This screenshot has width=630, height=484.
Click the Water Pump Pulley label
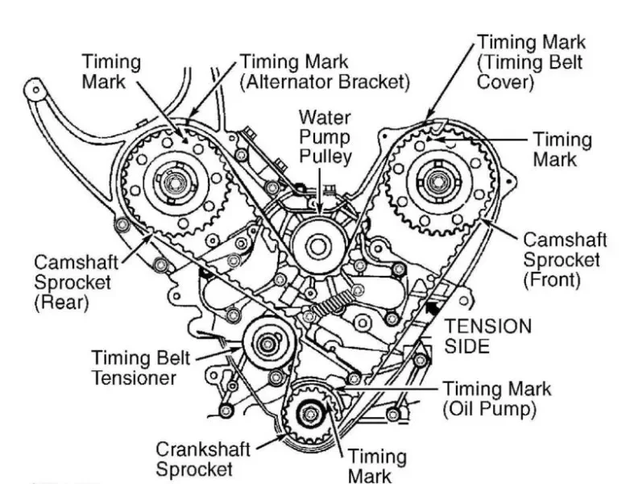[x=324, y=136]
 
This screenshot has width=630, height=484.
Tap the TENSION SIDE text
[x=489, y=336]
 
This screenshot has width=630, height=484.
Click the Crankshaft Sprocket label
[x=204, y=457]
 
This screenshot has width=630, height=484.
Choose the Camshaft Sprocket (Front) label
[x=562, y=260]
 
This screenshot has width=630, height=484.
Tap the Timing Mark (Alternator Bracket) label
[x=325, y=71]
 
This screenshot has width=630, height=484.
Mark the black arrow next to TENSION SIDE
[x=434, y=307]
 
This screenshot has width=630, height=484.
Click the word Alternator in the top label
[x=301, y=81]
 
